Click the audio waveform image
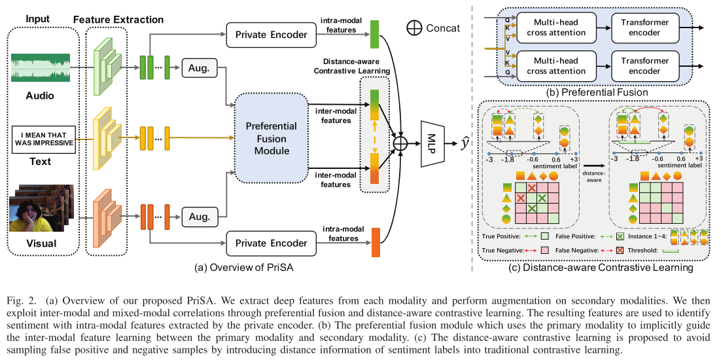point(43,69)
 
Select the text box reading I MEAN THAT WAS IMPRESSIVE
point(43,138)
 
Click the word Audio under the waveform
point(40,96)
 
